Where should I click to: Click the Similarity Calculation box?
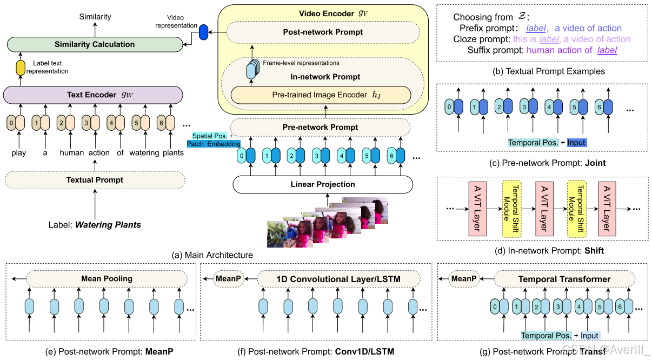coord(95,44)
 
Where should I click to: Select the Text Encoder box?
coord(93,95)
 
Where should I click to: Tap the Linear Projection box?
coord(323,184)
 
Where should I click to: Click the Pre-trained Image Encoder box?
coord(321,95)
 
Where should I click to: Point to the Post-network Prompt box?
coord(323,32)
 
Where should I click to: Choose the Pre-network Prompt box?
coord(320,127)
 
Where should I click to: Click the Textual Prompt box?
coord(95,180)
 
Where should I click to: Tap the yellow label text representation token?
coord(21,68)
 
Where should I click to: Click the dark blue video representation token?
coord(203,32)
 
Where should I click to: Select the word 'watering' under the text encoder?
coord(144,152)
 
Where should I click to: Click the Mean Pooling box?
coord(107,279)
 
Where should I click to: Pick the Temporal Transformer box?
coord(564,279)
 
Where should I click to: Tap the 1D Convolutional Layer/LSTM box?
coord(338,279)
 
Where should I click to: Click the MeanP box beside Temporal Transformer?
coord(464,279)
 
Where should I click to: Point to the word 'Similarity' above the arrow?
coord(95,17)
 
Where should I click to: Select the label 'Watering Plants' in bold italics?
coord(108,225)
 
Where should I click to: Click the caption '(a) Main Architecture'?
coord(212,255)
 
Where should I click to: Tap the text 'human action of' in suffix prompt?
coord(559,50)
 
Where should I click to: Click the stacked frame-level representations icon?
coord(252,69)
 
